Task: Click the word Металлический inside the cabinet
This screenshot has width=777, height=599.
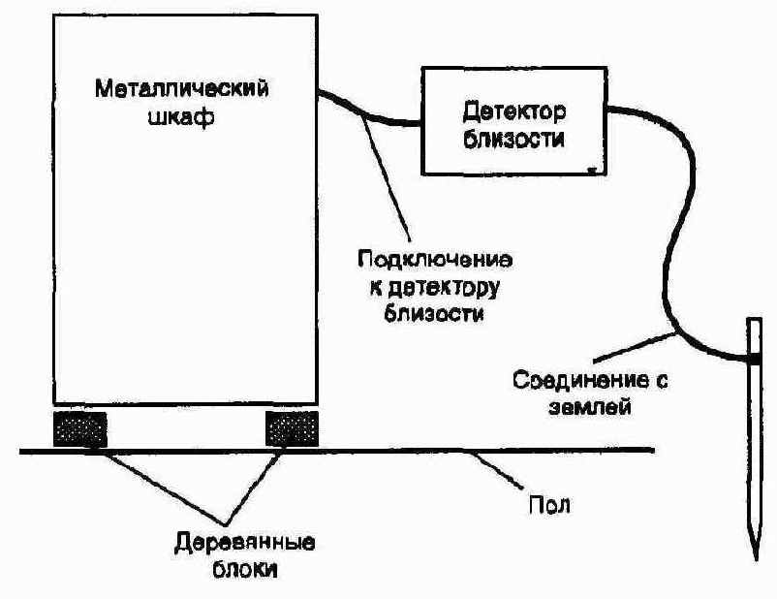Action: pos(181,89)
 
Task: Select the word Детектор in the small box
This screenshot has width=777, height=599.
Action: pos(513,112)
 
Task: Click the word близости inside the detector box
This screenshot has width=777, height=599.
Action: pos(513,139)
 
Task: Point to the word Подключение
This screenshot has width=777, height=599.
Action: pos(435,262)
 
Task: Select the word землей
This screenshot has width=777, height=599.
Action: pos(590,408)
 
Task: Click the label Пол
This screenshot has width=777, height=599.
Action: pos(549,505)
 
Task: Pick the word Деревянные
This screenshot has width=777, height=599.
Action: pos(244,543)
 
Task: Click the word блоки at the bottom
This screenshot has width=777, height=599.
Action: pos(245,569)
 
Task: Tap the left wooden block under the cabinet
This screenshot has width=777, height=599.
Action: pos(79,428)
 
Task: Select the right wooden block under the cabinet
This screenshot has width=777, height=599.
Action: pos(292,428)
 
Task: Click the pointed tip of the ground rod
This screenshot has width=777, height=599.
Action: pos(757,559)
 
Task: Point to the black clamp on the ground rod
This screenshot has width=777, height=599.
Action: pos(754,358)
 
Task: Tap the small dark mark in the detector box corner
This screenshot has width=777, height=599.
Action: pos(592,170)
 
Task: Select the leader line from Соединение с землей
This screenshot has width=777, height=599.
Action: pos(636,347)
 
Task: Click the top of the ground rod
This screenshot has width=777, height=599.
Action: pos(754,318)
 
